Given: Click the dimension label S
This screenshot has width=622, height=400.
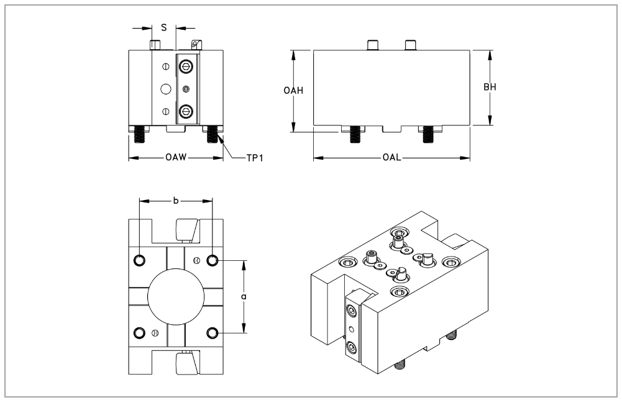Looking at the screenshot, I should point(164,27).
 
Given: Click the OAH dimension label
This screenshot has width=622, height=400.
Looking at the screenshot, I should point(293,91).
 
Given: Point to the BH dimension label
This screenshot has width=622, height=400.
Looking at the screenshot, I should point(490,87).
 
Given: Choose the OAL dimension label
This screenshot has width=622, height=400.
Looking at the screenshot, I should point(391,158).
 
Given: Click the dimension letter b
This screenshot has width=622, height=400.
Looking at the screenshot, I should point(176,201).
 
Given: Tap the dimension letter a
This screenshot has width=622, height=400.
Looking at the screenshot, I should point(244,298).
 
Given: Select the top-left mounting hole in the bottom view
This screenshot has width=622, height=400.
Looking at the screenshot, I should point(140,260).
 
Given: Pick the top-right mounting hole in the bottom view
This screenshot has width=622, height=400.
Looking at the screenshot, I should point(213,260).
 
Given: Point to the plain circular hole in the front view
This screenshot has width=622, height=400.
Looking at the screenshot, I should point(165,89).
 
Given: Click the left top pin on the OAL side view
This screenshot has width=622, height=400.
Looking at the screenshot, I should point(373,45).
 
